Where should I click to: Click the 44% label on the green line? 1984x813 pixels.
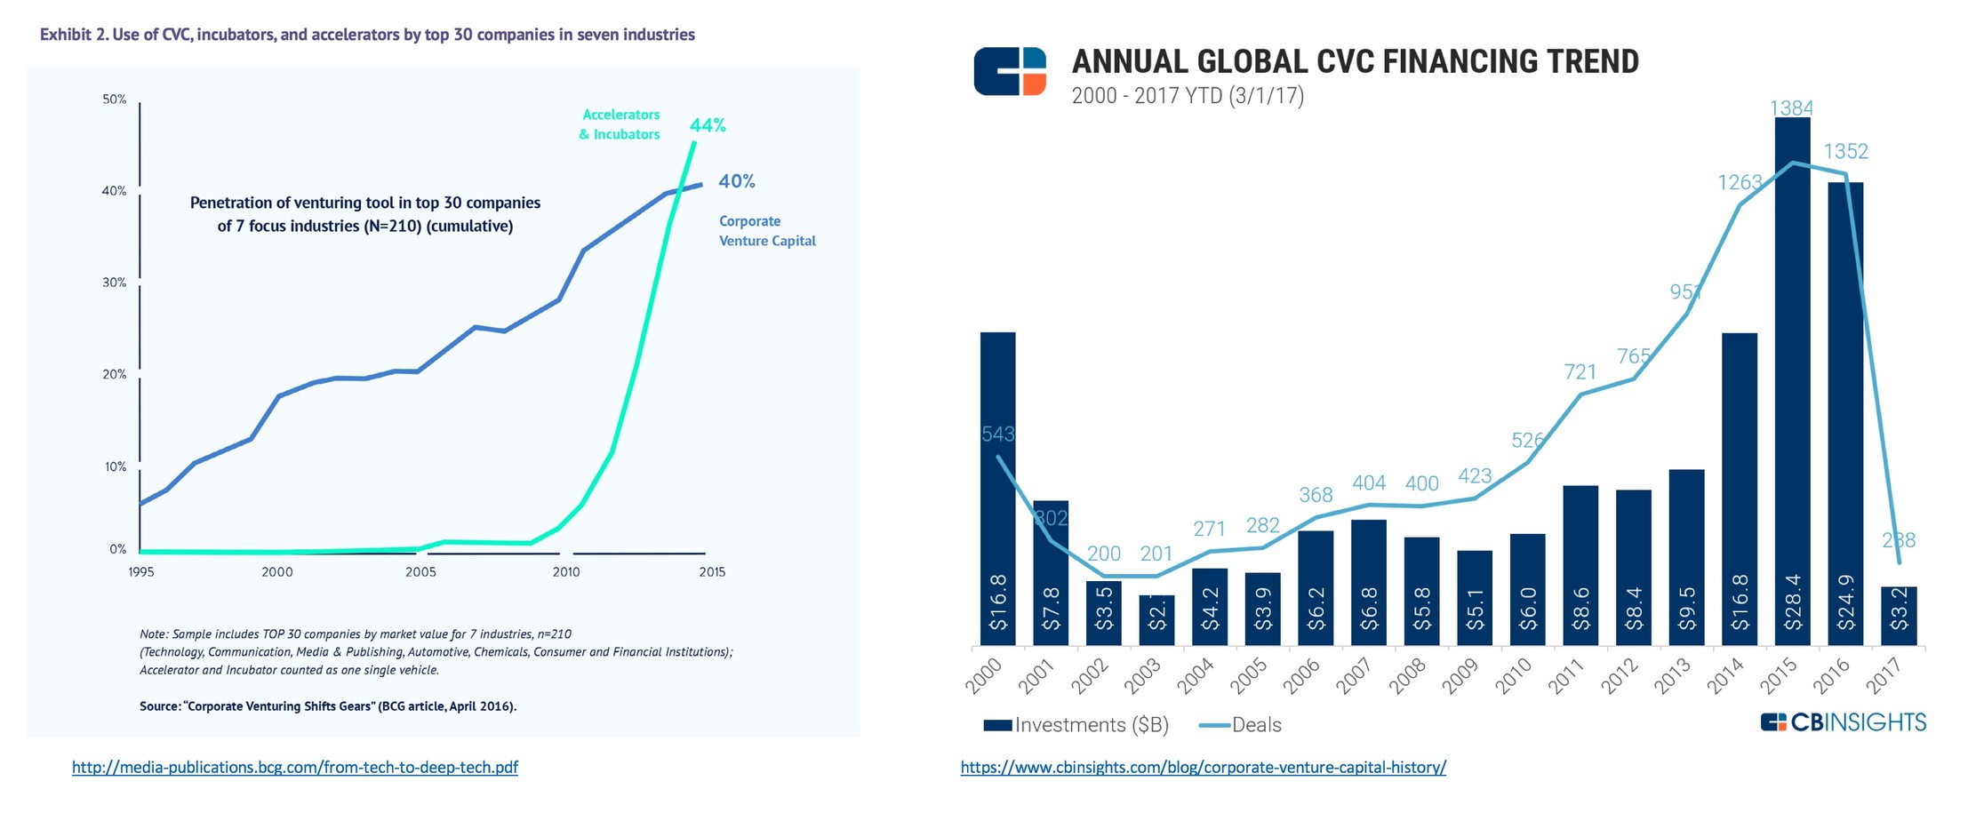coord(708,125)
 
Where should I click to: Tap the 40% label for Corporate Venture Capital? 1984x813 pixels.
coord(736,181)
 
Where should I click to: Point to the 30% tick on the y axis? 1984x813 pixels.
coord(115,283)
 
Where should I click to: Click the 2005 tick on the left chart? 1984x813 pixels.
coord(420,572)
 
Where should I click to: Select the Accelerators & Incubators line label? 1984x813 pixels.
coord(620,124)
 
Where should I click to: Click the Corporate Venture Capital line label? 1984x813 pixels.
coord(766,231)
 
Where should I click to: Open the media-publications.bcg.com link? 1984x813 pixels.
coord(294,767)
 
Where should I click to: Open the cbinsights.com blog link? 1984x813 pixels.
coord(1203,767)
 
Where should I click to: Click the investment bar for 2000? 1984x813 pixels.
coord(997,489)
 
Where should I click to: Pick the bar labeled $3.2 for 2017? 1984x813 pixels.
coord(1898,615)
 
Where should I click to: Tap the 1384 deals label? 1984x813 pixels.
coord(1791,108)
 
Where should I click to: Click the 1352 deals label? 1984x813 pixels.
coord(1845,151)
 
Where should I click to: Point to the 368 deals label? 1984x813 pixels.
coord(1316,495)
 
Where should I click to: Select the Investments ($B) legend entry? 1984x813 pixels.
coord(1076,725)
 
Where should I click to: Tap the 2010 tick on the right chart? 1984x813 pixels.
coord(1513,675)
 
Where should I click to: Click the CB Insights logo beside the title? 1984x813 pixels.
coord(1010,71)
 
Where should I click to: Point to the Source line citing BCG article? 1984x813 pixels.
coord(327,706)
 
